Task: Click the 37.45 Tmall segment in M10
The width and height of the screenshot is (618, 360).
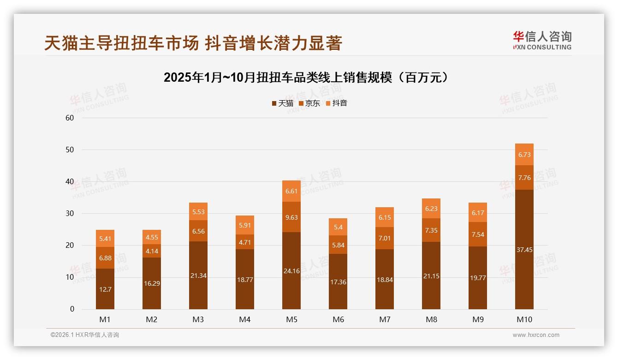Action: [524, 249]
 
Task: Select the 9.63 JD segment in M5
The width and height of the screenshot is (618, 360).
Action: [291, 217]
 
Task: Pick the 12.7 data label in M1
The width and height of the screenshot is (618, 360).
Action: [105, 289]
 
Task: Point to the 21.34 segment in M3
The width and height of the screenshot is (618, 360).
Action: [198, 275]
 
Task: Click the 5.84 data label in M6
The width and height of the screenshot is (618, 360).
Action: [338, 245]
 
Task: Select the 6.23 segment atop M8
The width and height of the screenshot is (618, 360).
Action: [431, 209]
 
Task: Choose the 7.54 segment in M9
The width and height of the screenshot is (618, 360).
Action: [477, 234]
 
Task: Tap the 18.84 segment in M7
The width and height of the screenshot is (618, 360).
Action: [384, 279]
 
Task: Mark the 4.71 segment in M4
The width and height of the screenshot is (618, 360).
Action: [245, 242]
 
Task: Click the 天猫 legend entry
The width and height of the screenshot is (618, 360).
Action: [282, 103]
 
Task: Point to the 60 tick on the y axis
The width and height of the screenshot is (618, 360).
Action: [70, 118]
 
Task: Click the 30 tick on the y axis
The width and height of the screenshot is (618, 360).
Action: [70, 213]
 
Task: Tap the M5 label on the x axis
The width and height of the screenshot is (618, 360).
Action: [291, 319]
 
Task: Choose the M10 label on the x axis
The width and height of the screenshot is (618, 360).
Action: [524, 319]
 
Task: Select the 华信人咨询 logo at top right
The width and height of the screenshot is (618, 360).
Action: [542, 40]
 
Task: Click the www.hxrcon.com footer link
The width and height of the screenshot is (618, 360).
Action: [535, 335]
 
